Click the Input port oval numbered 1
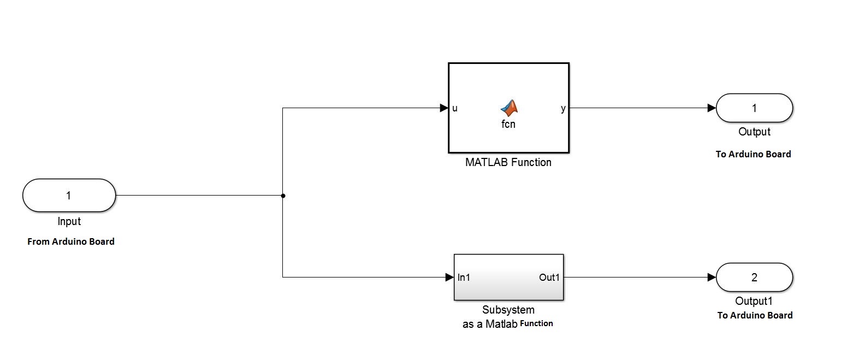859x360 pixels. pyautogui.click(x=69, y=195)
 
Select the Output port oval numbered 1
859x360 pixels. pyautogui.click(x=754, y=108)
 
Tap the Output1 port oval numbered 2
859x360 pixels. pyautogui.click(x=754, y=277)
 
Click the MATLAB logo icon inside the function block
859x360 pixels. pyautogui.click(x=508, y=108)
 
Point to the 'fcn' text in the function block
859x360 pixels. pyautogui.click(x=508, y=124)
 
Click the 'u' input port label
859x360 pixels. pyautogui.click(x=455, y=108)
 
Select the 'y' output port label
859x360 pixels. pyautogui.click(x=563, y=108)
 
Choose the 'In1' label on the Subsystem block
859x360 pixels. pyautogui.click(x=464, y=278)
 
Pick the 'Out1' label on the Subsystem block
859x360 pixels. pyautogui.click(x=549, y=278)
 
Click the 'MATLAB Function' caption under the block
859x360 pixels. pyautogui.click(x=508, y=162)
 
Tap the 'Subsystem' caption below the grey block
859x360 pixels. pyautogui.click(x=508, y=310)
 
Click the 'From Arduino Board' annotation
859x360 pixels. pyautogui.click(x=71, y=241)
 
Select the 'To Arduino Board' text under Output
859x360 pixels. pyautogui.click(x=754, y=154)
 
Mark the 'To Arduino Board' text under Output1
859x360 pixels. pyautogui.click(x=755, y=315)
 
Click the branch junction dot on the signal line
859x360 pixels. pyautogui.click(x=283, y=196)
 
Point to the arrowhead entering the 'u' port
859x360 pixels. pyautogui.click(x=444, y=108)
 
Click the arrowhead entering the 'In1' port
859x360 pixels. pyautogui.click(x=449, y=278)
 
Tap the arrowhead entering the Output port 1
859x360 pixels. pyautogui.click(x=711, y=108)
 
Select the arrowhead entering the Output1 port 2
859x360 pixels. pyautogui.click(x=711, y=278)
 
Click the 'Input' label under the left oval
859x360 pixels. pyautogui.click(x=69, y=221)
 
